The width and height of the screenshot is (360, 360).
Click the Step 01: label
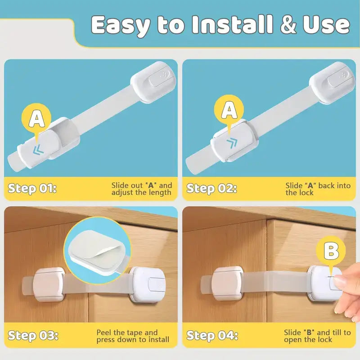pyautogui.click(x=32, y=188)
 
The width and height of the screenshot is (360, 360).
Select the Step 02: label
pyautogui.click(x=211, y=188)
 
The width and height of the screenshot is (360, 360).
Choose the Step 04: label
pyautogui.click(x=212, y=336)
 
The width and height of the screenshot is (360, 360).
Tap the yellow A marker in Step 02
pyautogui.click(x=229, y=110)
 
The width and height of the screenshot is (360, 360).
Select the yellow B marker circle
pyautogui.click(x=331, y=252)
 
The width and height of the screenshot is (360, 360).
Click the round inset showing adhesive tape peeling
pyautogui.click(x=97, y=250)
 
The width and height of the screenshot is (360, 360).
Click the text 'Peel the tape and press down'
pyautogui.click(x=133, y=336)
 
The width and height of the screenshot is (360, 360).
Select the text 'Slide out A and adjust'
pyautogui.click(x=141, y=189)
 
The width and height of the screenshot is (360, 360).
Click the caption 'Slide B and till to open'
pyautogui.click(x=317, y=336)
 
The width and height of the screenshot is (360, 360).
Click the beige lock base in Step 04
pyautogui.click(x=228, y=284)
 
